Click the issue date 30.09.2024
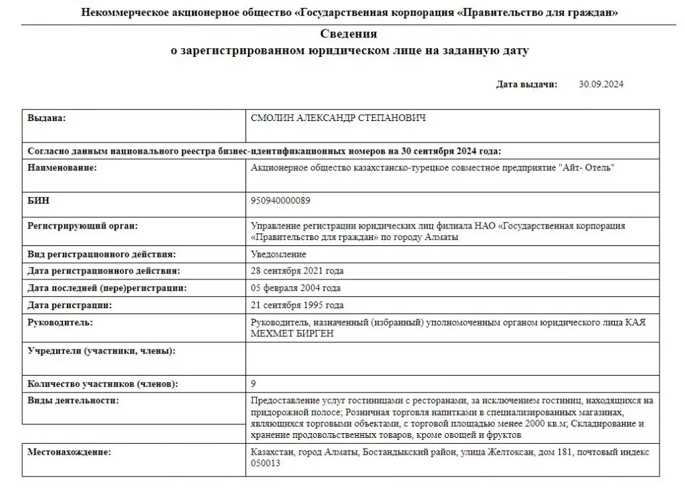[x=601, y=84]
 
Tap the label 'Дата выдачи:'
[x=526, y=84]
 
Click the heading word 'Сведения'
[x=348, y=34]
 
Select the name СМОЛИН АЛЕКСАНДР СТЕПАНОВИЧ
[x=338, y=118]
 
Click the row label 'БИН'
[x=38, y=200]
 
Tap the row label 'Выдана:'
[x=46, y=118]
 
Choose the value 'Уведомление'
[x=278, y=255]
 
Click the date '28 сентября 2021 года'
[x=296, y=271]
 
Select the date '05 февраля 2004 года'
[x=295, y=288]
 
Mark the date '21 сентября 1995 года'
[x=296, y=305]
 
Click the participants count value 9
[x=253, y=384]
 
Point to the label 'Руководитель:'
[x=60, y=323]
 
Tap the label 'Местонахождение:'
[x=69, y=453]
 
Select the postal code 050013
[x=264, y=463]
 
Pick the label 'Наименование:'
[x=62, y=168]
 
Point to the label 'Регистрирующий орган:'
[x=82, y=226]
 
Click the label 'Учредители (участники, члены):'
[x=101, y=350]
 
